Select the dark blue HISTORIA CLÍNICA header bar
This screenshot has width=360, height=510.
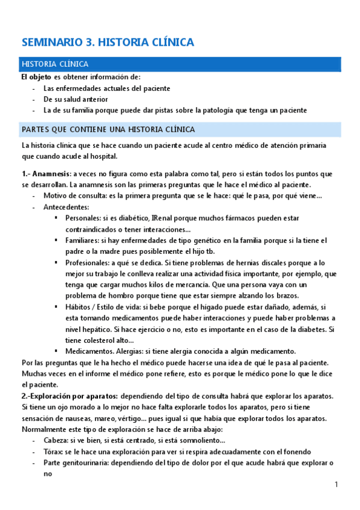[181, 64]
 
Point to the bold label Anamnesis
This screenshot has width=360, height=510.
[50, 174]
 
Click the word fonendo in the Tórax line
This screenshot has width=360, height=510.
[295, 451]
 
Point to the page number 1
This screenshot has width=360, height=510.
[337, 485]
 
